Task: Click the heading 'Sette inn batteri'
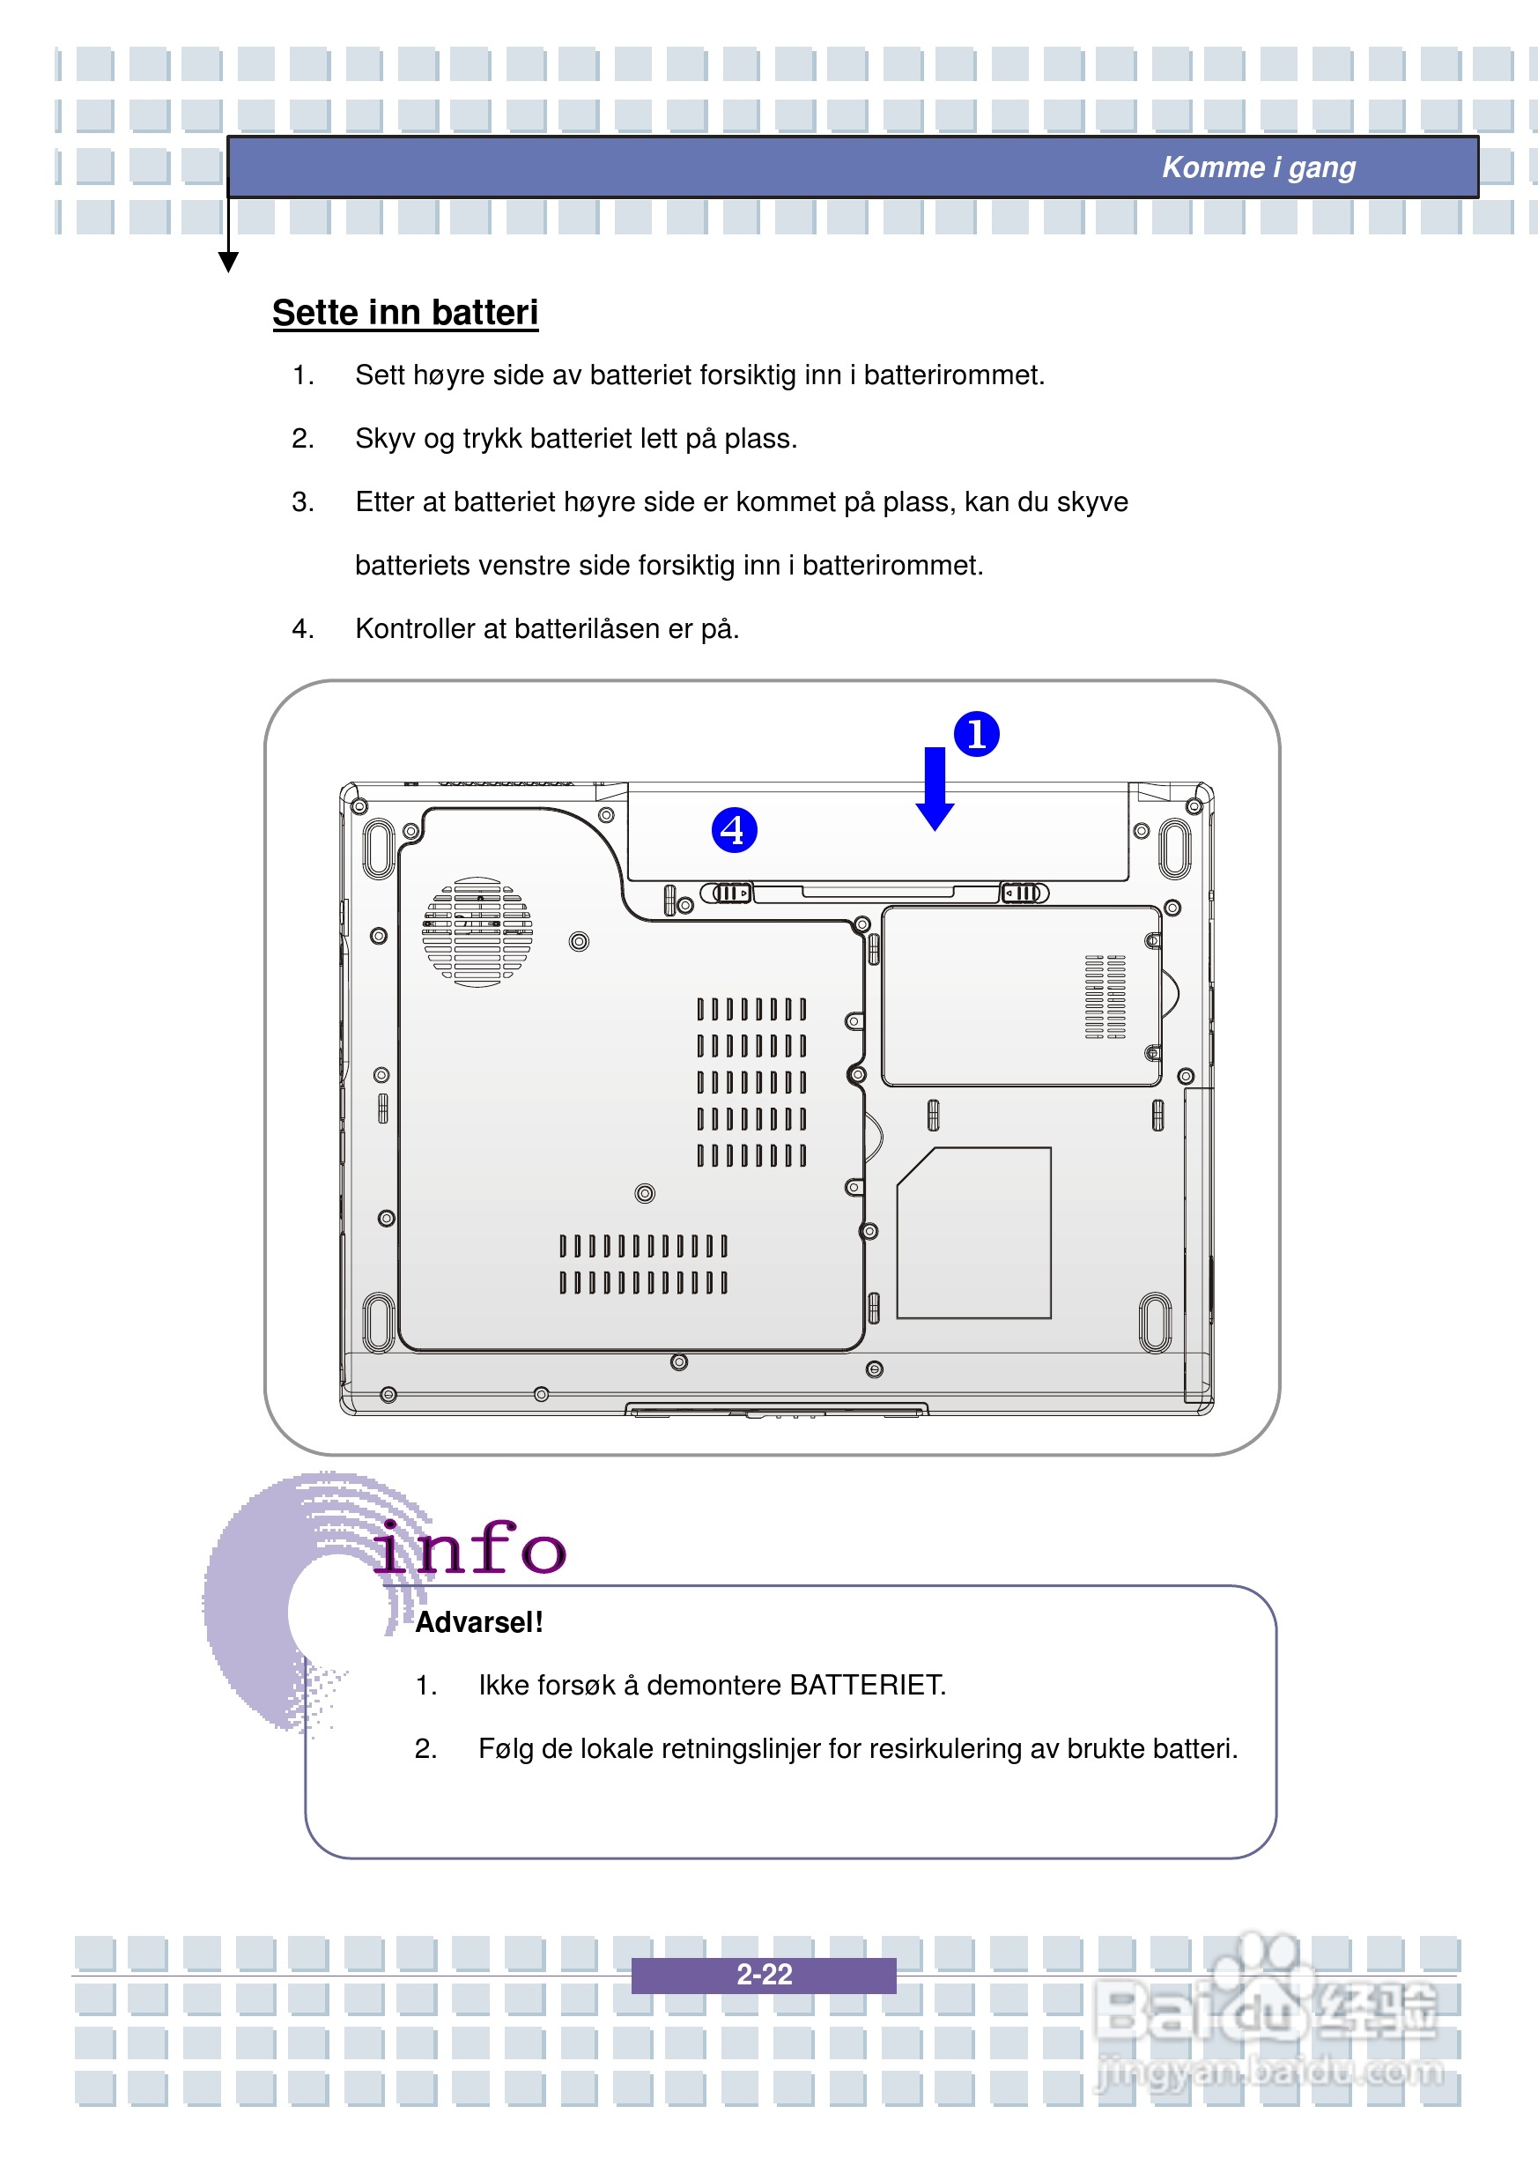click(404, 313)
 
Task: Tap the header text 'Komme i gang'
click(1258, 167)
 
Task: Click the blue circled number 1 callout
click(976, 734)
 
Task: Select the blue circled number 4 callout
click(734, 830)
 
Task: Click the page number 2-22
click(764, 1974)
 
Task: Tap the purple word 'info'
click(469, 1549)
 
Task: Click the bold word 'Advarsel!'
click(479, 1622)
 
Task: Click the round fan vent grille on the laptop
click(477, 932)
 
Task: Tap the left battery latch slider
click(728, 894)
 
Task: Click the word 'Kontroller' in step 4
click(416, 629)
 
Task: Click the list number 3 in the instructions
click(302, 502)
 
